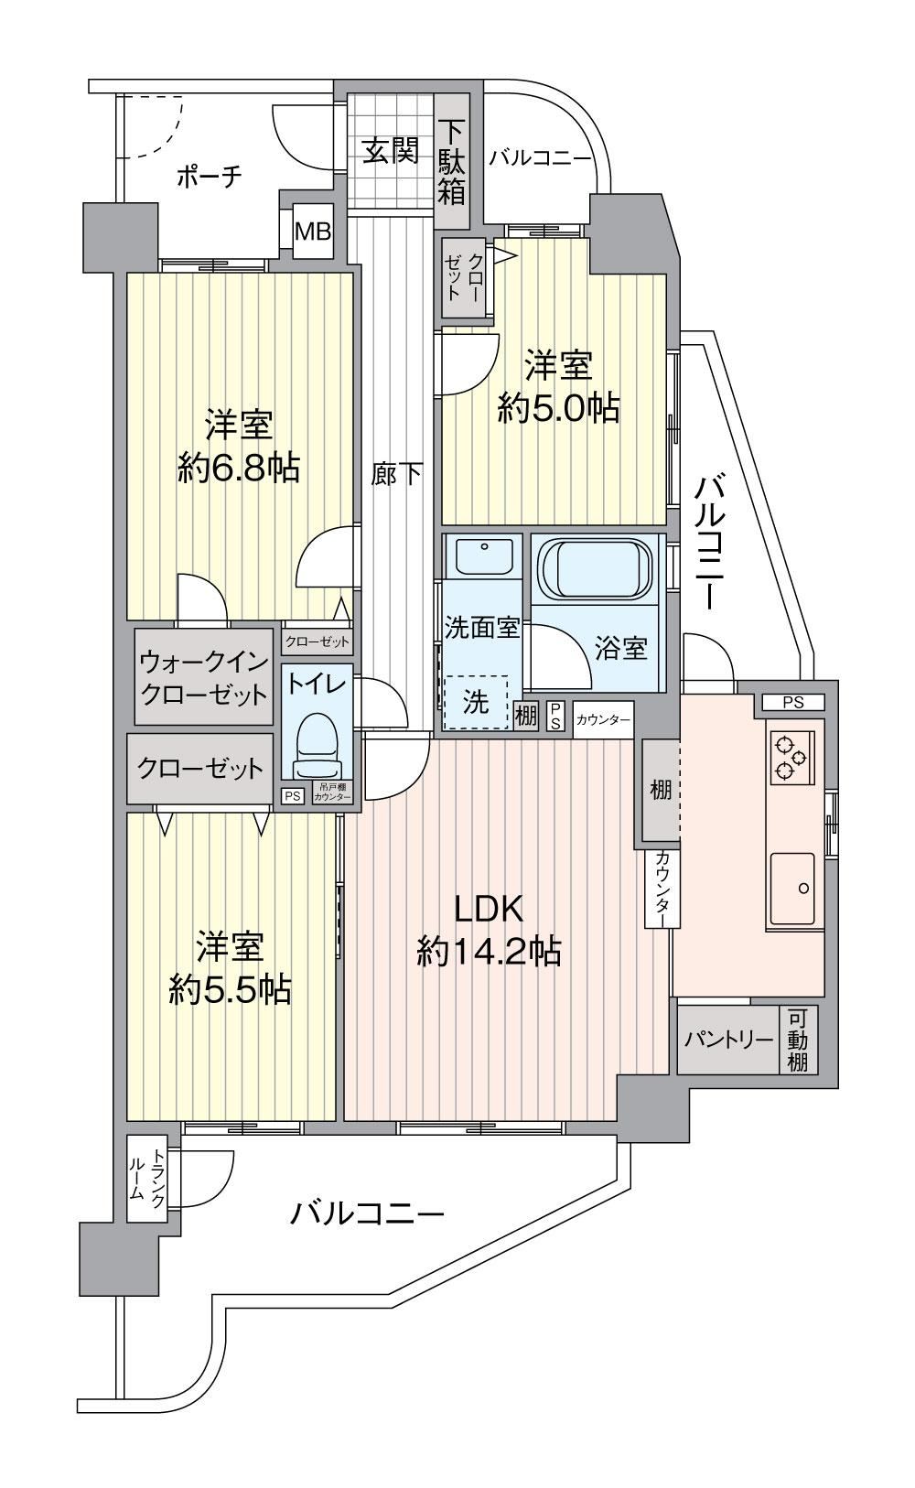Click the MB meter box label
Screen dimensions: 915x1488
coord(313,232)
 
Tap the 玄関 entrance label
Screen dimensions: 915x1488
coord(391,152)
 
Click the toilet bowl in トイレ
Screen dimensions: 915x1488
coord(316,745)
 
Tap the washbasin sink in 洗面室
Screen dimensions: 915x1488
coord(484,555)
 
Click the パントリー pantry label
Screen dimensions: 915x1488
coord(729,1039)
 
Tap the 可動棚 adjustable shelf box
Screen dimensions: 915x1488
coord(798,1040)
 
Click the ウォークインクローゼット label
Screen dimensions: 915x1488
coord(204,677)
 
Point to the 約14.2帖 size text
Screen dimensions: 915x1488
coord(489,952)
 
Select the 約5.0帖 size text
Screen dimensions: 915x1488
coord(558,408)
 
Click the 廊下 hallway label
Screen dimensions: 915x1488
coord(396,475)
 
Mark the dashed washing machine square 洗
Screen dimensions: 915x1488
coord(476,702)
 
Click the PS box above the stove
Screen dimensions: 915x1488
coord(792,702)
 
